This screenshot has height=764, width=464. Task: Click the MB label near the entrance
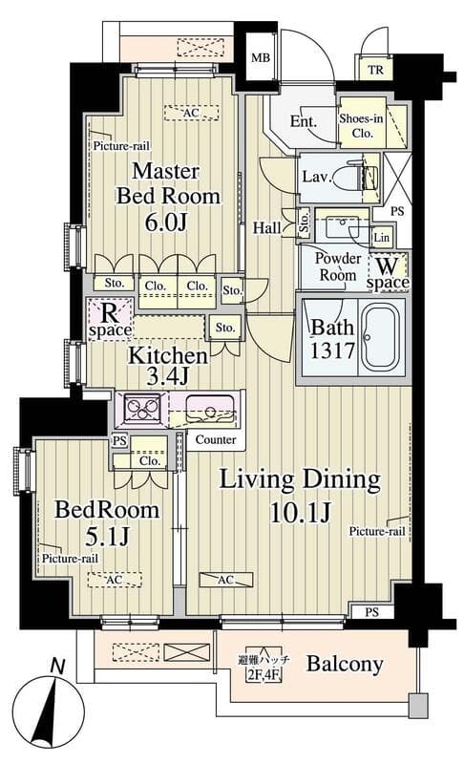[260, 58]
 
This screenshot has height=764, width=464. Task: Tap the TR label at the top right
[375, 70]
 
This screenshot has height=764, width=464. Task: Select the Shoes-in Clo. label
[362, 126]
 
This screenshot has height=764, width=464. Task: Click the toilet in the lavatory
[369, 177]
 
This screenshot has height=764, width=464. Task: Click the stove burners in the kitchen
[142, 407]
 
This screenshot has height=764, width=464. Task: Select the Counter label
[216, 439]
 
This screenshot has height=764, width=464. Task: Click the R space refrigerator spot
[110, 320]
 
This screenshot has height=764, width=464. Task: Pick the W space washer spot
[388, 273]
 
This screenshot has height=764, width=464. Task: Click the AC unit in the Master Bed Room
[191, 113]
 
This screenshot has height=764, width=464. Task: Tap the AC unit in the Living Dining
[226, 580]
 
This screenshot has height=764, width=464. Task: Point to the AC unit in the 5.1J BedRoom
[115, 580]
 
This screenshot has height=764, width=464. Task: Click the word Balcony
[345, 664]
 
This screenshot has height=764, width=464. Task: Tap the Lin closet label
[381, 237]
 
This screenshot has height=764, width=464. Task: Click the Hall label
[266, 227]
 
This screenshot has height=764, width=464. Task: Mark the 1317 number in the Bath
[332, 350]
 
